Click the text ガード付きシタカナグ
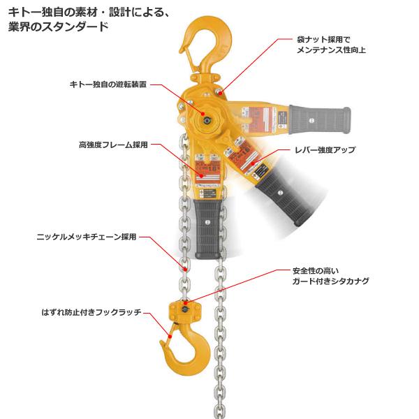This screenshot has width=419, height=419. [330, 281]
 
